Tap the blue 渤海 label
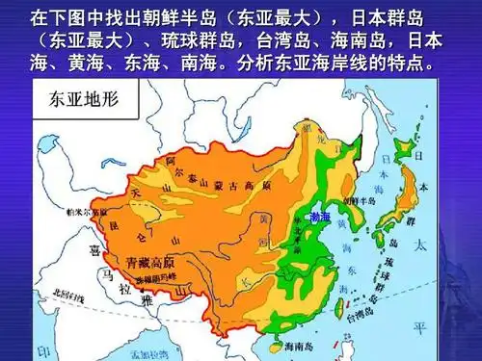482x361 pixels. coord(319,218)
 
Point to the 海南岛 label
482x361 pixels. coord(296,345)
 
